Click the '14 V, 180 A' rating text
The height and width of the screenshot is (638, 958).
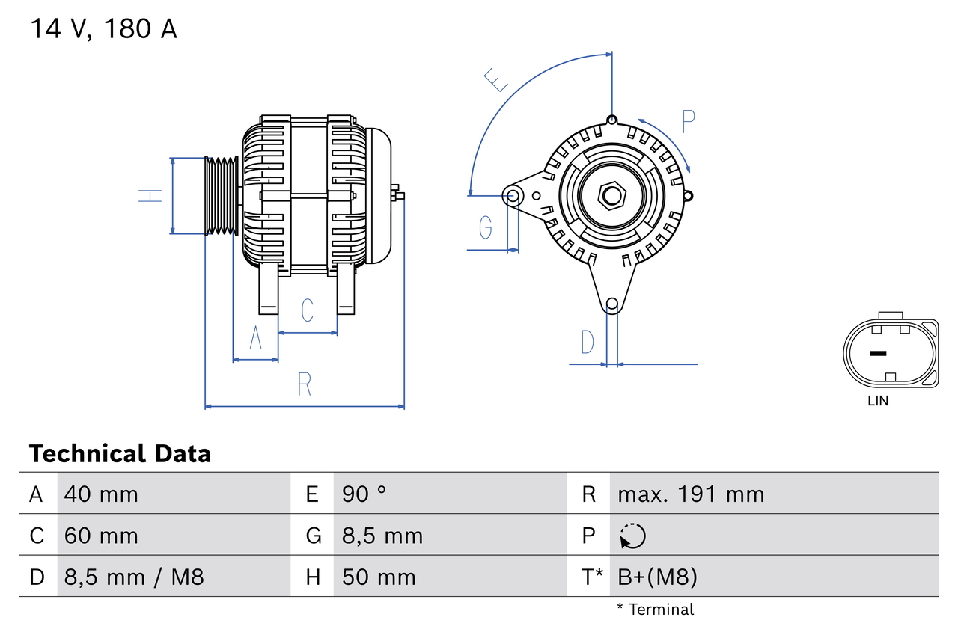click(103, 29)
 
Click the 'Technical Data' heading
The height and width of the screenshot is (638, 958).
click(120, 454)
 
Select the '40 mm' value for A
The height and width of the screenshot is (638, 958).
click(101, 494)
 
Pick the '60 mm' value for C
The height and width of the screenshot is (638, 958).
click(101, 536)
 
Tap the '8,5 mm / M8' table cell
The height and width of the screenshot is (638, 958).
click(134, 577)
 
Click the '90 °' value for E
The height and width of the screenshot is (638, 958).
click(364, 494)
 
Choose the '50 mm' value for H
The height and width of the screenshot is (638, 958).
click(379, 577)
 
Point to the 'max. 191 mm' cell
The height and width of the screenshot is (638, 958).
click(691, 494)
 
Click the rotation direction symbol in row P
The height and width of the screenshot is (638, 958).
click(632, 536)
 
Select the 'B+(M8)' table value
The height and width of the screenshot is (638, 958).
click(657, 577)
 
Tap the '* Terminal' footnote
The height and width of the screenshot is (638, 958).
click(655, 610)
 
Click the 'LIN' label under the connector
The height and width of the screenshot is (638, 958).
click(878, 401)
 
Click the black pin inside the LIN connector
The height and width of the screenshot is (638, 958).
click(877, 353)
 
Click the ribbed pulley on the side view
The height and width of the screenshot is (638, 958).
click(222, 196)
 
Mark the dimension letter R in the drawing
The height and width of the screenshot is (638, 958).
click(304, 384)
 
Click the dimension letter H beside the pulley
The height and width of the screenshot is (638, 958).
click(150, 196)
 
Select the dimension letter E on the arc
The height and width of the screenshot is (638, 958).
click(496, 79)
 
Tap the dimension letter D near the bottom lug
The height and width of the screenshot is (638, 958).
click(588, 342)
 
